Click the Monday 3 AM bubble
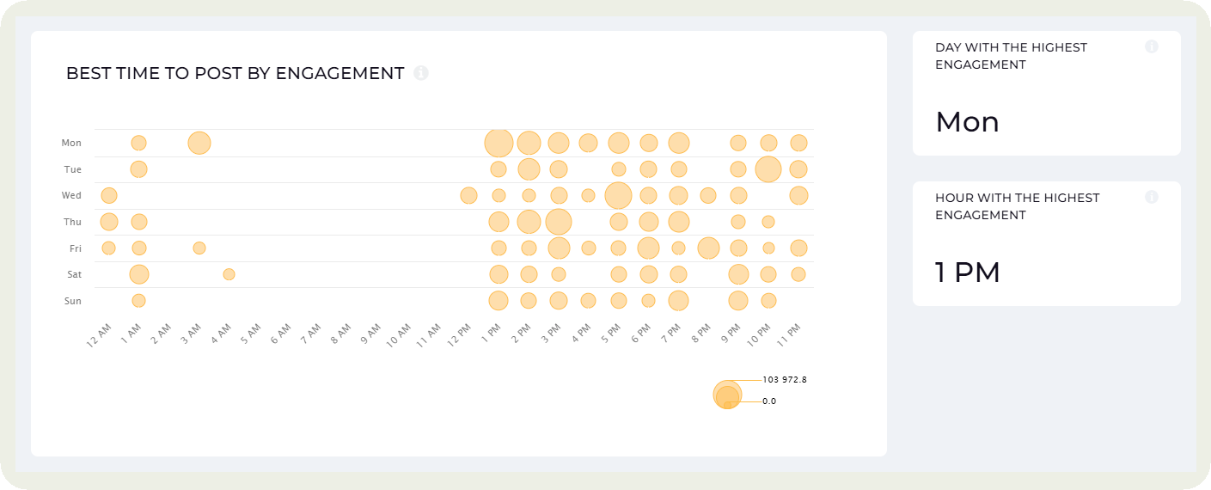(199, 143)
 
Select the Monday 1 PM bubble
(498, 143)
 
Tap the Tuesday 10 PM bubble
(768, 169)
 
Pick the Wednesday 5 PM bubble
(618, 196)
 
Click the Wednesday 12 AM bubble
(108, 196)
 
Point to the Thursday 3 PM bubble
(559, 222)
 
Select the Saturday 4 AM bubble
(229, 274)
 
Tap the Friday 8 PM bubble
(708, 248)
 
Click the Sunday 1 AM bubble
(138, 301)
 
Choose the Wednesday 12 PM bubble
(468, 196)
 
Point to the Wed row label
(71, 196)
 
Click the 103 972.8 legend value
(784, 379)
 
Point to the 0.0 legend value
(769, 401)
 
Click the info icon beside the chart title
(421, 73)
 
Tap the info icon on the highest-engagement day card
(1152, 47)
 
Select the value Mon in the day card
(967, 122)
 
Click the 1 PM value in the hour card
(968, 273)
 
